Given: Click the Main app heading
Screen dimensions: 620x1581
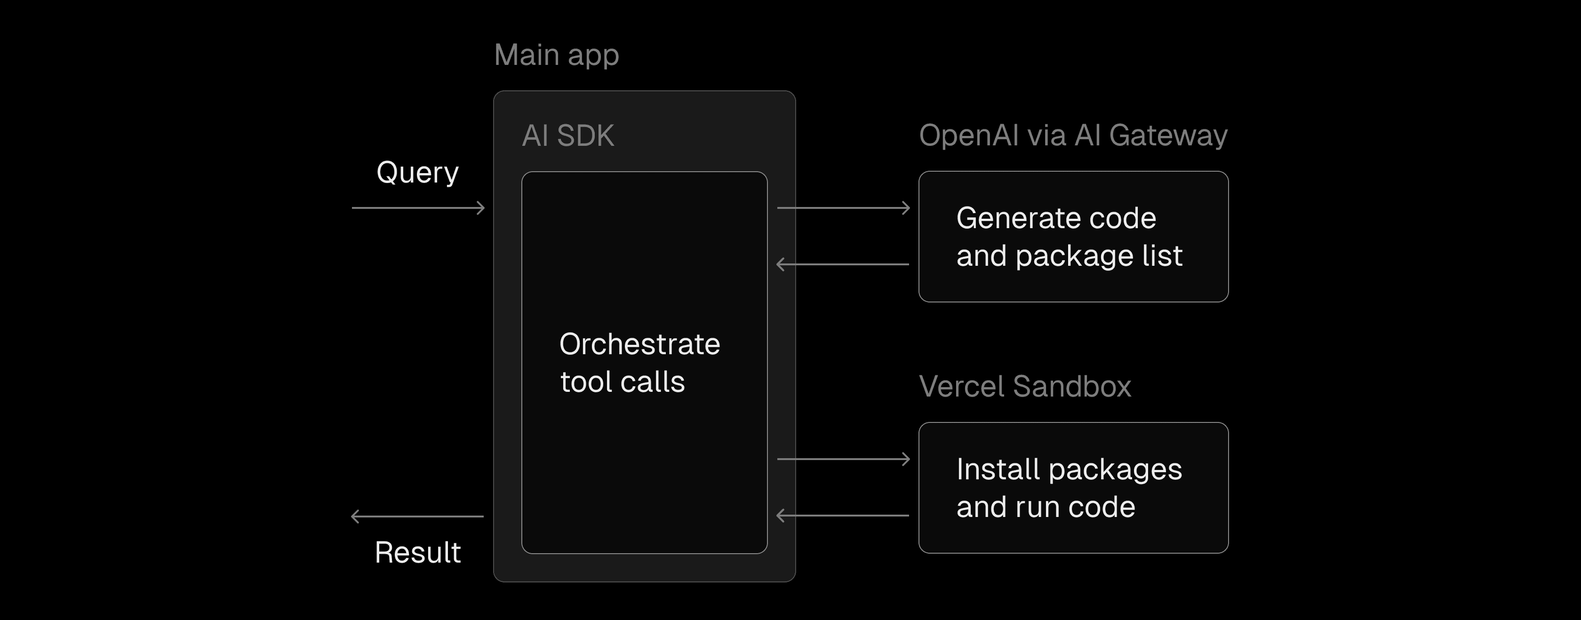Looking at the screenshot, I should coord(556,55).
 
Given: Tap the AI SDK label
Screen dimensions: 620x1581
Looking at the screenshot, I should coord(568,135).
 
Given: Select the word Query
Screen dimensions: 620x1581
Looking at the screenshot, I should coord(417,173).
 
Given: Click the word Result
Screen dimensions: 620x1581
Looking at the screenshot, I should coord(417,552).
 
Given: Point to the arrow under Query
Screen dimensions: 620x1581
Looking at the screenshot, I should coord(418,208).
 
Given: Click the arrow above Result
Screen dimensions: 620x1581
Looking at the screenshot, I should coord(417,516).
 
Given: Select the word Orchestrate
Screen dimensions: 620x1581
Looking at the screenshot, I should coord(639,344).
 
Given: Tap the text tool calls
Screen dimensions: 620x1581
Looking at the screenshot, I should coord(623,382).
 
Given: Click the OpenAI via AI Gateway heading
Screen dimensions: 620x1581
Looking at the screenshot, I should coord(1073,135).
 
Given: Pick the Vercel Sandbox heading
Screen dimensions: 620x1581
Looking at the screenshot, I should coord(1024,387).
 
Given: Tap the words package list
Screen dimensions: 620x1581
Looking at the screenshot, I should coord(1099,256).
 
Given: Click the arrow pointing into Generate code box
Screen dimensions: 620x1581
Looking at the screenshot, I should coord(843,208).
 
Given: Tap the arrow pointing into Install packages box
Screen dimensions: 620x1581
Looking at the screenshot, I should coord(843,459).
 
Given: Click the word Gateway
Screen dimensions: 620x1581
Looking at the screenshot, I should coord(1168,135).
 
